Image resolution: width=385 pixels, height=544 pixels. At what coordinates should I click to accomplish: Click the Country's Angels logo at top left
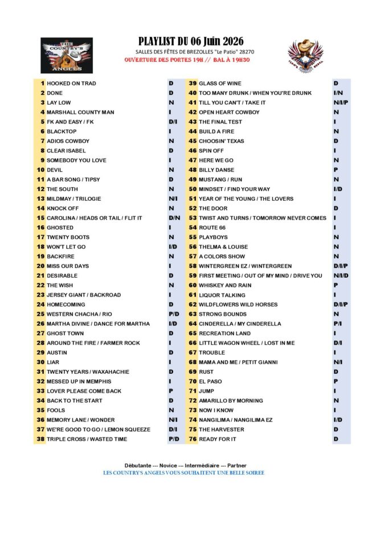tap(67, 55)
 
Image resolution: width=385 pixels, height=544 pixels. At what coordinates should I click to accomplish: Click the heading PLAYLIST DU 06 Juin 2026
tap(191, 41)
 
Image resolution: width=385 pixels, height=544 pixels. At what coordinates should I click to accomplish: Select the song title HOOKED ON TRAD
tap(71, 83)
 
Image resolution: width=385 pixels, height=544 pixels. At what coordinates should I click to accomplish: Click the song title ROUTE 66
tap(213, 228)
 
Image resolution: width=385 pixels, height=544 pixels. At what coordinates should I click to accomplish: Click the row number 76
tap(192, 439)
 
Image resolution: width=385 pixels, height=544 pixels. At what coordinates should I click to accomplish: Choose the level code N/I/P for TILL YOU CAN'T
tap(341, 102)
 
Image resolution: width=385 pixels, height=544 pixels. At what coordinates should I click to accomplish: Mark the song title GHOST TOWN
tap(65, 333)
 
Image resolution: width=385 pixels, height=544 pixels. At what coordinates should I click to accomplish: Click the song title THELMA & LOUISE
tap(223, 247)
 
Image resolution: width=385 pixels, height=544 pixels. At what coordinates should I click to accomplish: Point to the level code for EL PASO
tap(336, 381)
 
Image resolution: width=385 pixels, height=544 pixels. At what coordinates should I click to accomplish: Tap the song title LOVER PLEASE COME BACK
tap(84, 391)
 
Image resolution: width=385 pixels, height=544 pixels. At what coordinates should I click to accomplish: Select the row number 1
tap(43, 83)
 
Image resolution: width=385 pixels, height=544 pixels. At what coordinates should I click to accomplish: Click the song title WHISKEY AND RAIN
tap(225, 285)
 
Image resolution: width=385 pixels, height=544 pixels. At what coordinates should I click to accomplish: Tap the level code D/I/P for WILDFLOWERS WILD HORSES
tap(341, 304)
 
